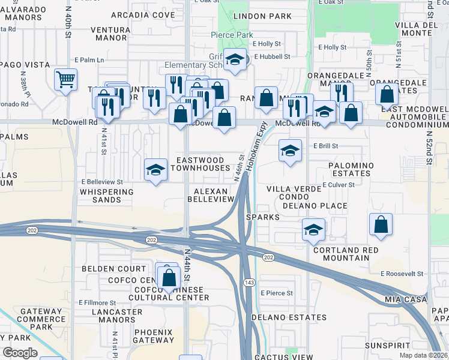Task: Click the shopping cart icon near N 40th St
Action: tap(65, 79)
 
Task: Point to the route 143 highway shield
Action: tap(247, 282)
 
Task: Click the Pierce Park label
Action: tap(231, 35)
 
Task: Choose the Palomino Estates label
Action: tap(351, 169)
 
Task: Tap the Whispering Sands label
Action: tap(106, 196)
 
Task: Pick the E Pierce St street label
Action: tap(277, 293)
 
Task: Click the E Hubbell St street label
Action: tap(272, 57)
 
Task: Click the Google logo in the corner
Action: tap(20, 353)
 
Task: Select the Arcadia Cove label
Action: tap(151, 14)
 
